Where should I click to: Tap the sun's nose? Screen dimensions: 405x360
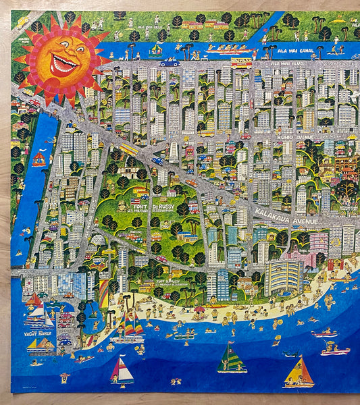[x=64, y=54]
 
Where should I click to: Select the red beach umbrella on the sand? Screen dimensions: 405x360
[x=199, y=310]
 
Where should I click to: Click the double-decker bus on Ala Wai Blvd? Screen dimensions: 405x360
[x=241, y=63]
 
